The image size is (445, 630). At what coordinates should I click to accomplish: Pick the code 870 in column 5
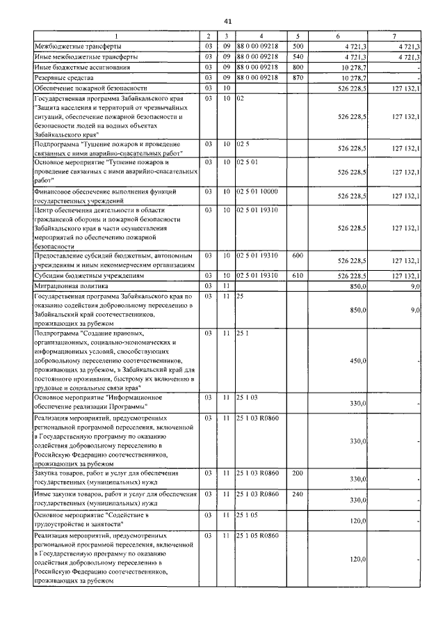pyautogui.click(x=298, y=78)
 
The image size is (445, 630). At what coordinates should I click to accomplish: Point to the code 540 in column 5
pyautogui.click(x=298, y=56)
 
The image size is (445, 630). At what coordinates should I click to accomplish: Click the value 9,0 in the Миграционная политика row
pyautogui.click(x=414, y=285)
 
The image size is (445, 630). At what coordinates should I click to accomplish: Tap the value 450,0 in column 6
pyautogui.click(x=357, y=361)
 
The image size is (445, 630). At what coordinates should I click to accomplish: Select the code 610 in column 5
pyautogui.click(x=298, y=276)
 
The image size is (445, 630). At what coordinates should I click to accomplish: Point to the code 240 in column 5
pyautogui.click(x=298, y=494)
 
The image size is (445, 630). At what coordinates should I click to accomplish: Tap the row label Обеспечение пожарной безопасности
pyautogui.click(x=91, y=88)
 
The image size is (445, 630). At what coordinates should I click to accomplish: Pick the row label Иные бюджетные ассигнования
pyautogui.click(x=81, y=67)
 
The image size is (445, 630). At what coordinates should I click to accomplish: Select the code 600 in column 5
pyautogui.click(x=298, y=255)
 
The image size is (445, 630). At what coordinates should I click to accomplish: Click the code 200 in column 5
pyautogui.click(x=298, y=473)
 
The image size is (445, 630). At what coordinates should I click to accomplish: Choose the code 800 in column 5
pyautogui.click(x=298, y=67)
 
